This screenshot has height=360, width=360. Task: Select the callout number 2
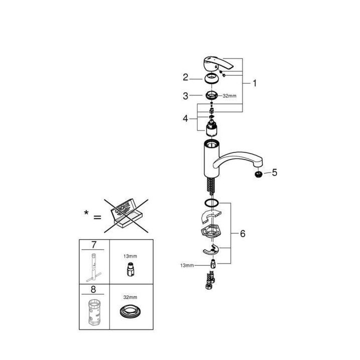185,77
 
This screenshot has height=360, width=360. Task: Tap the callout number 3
185,95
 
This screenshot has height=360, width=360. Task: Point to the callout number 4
185,118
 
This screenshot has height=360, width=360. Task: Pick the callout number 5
274,173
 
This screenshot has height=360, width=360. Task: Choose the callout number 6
242,233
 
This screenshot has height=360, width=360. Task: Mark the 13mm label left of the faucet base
187,265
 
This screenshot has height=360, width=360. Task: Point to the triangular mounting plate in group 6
212,232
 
